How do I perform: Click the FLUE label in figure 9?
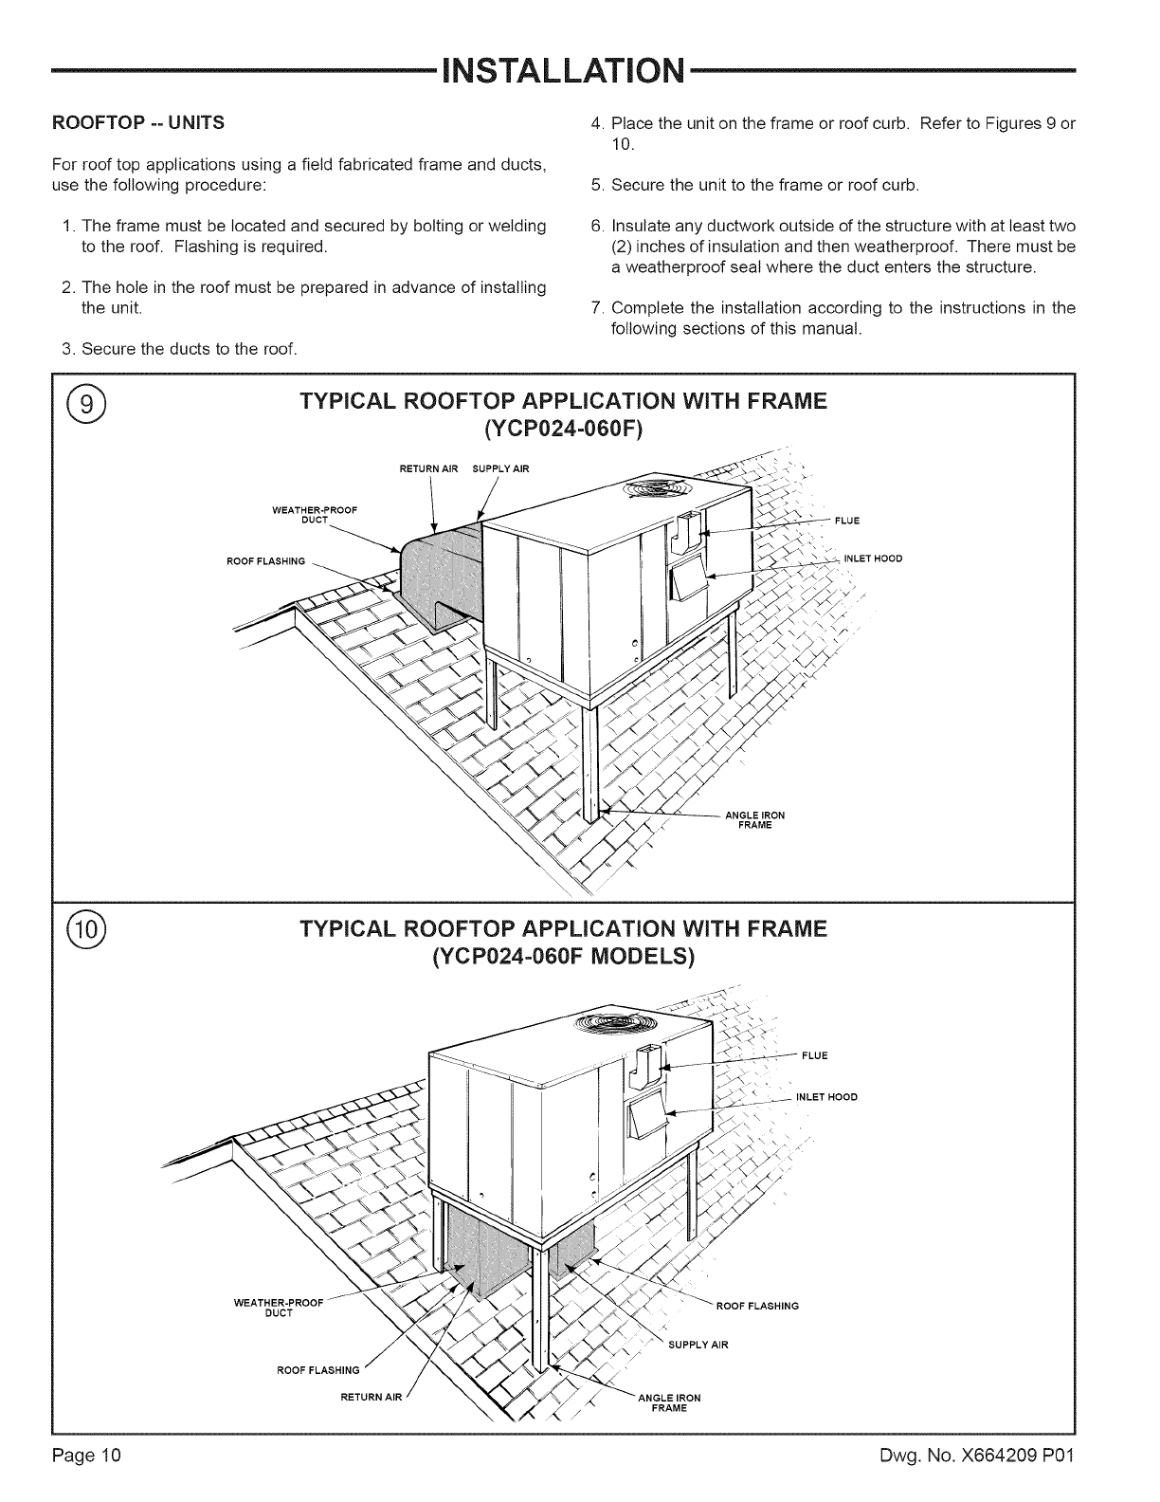click(x=846, y=521)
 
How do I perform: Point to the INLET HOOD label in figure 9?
click(x=872, y=559)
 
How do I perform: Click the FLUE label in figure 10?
click(x=814, y=1055)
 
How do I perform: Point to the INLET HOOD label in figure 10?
click(x=826, y=1097)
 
